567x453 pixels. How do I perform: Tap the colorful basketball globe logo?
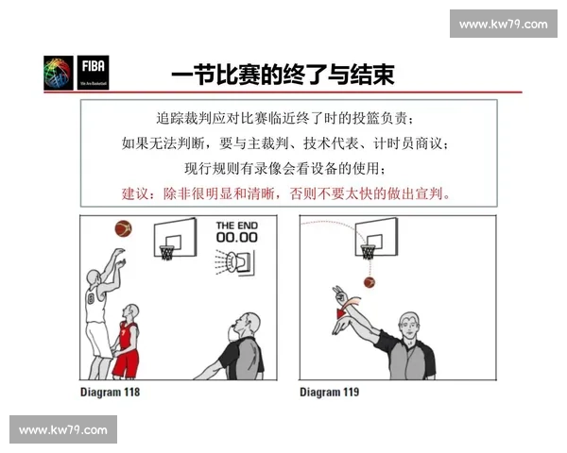tap(59, 74)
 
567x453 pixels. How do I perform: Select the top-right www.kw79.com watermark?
tap(503, 24)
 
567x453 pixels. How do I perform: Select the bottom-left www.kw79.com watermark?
tap(63, 430)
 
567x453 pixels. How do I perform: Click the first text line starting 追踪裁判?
tap(284, 120)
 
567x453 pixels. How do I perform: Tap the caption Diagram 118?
tap(110, 390)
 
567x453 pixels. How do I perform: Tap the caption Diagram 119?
tap(329, 390)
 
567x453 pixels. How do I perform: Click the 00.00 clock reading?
tap(236, 238)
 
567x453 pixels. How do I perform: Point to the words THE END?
tap(236, 225)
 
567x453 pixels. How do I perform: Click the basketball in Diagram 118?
tap(122, 228)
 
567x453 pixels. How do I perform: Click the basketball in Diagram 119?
tap(369, 281)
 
